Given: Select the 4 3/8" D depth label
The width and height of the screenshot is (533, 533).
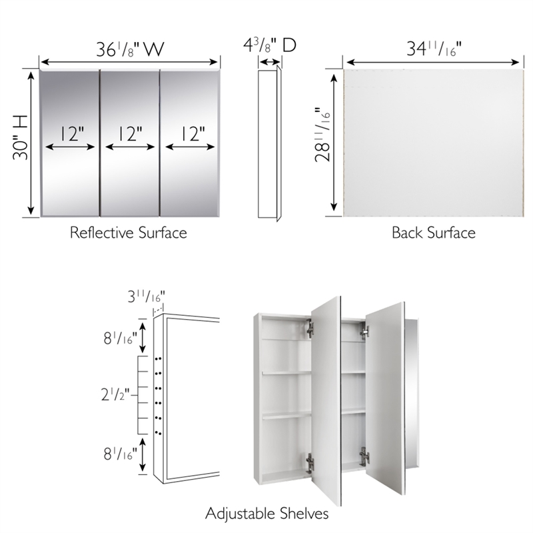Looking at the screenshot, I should (269, 46).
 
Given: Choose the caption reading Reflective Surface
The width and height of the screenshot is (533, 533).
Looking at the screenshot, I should (128, 233).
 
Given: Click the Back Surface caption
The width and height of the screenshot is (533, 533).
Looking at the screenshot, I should (433, 233).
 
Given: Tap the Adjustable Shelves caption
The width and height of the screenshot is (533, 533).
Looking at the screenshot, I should (266, 514).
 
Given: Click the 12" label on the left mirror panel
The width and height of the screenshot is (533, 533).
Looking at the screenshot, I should (70, 134).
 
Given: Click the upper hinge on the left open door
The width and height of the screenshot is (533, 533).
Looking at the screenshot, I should (310, 328).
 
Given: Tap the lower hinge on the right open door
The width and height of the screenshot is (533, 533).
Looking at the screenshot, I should (364, 458).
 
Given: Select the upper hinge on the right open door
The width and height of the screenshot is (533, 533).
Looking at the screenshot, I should (364, 328).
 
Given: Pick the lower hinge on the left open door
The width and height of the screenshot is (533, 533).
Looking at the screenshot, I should (309, 460).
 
